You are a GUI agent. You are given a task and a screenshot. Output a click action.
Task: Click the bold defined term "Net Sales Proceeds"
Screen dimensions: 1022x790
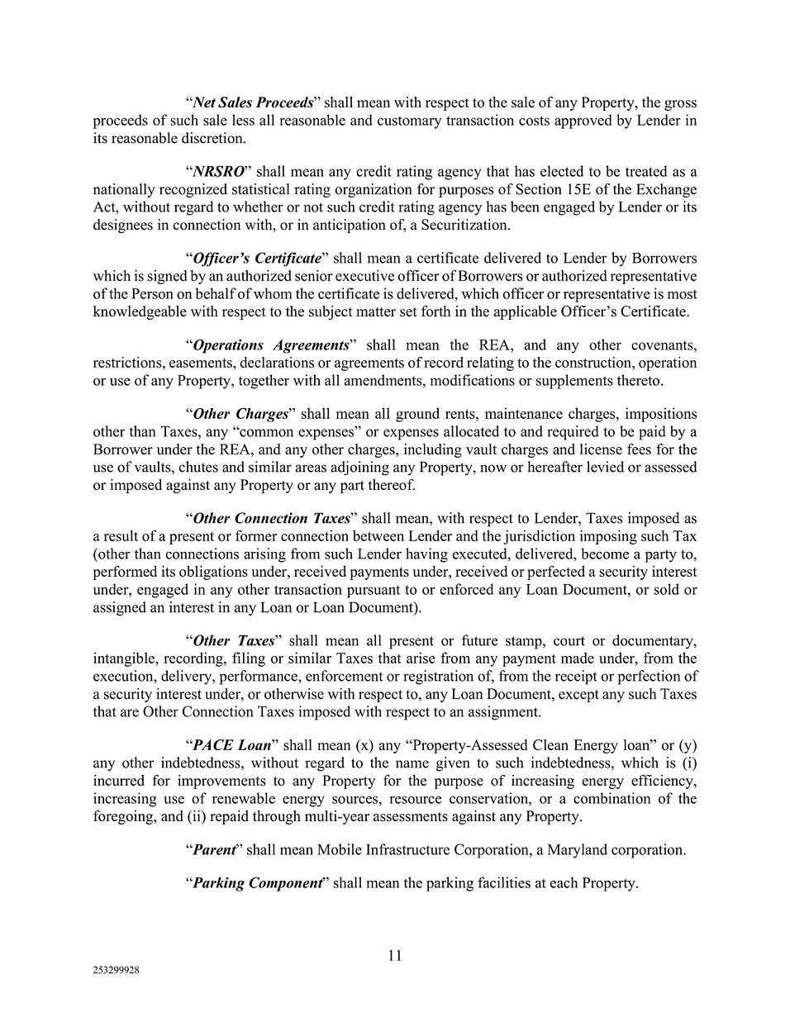pyautogui.click(x=253, y=103)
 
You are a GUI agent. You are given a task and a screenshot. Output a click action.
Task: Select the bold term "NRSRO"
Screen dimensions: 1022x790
pyautogui.click(x=218, y=172)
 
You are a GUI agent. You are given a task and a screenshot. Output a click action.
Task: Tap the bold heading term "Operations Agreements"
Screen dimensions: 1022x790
pyautogui.click(x=270, y=345)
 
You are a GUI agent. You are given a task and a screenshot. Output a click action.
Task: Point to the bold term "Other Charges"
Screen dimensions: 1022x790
pyautogui.click(x=240, y=414)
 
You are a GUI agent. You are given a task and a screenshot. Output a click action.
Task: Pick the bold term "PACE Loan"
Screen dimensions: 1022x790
pyautogui.click(x=231, y=745)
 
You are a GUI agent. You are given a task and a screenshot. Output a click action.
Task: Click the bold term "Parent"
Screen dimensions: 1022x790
pyautogui.click(x=214, y=849)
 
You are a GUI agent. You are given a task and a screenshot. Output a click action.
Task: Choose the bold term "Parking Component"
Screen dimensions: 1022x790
pyautogui.click(x=256, y=883)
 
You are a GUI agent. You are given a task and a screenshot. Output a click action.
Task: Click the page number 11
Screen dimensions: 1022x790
pyautogui.click(x=395, y=956)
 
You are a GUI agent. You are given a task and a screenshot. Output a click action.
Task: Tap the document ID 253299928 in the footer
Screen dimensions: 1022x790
pyautogui.click(x=116, y=972)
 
